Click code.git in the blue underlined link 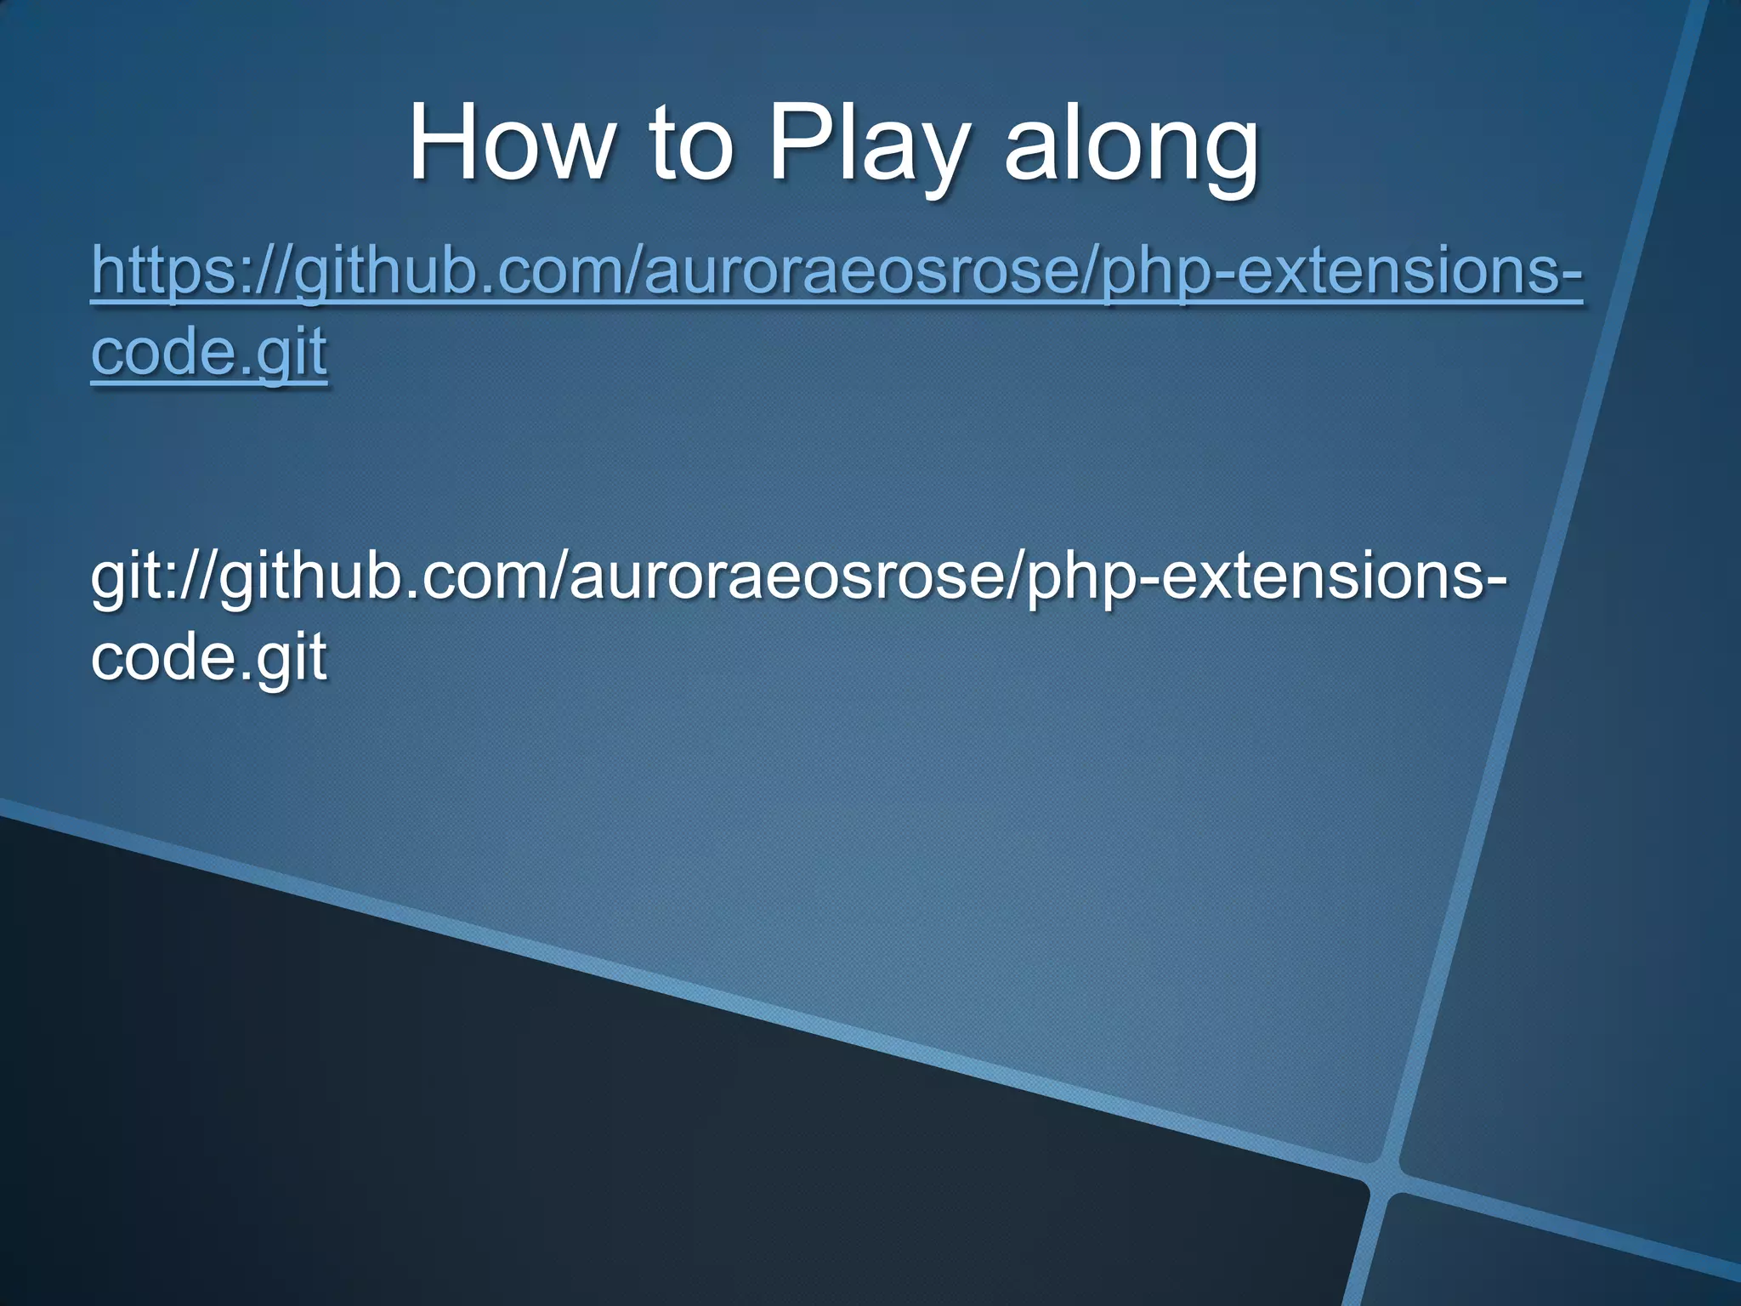click(208, 351)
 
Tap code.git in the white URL click(208, 656)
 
